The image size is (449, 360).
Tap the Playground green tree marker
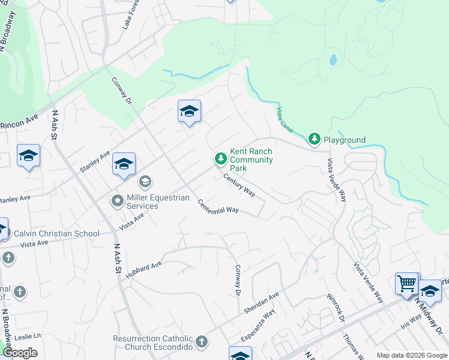[x=314, y=139]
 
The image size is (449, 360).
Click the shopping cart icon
[x=407, y=283]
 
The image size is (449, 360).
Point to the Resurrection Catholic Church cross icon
[x=202, y=342]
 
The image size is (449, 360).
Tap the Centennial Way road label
[x=218, y=206]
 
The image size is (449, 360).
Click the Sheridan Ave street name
[x=262, y=304]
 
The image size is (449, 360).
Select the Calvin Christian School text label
[x=57, y=233]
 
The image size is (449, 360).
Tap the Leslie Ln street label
[x=28, y=335]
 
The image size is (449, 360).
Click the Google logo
[x=20, y=352]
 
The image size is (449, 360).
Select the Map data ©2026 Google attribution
[x=411, y=355]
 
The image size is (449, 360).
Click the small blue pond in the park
[x=333, y=60]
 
